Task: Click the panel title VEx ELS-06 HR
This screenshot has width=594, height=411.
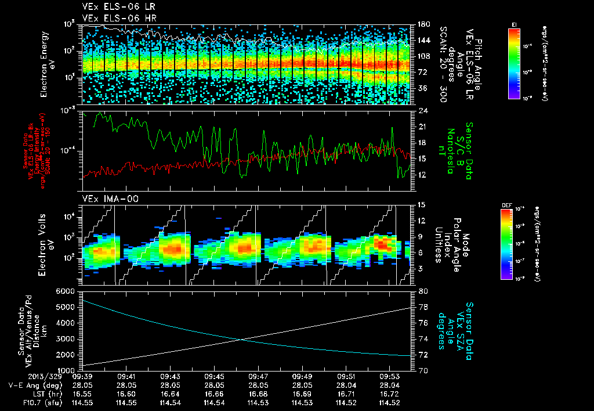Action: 111,18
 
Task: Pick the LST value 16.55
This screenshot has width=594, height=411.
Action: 81,394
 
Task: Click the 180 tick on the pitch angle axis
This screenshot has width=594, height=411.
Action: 424,24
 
